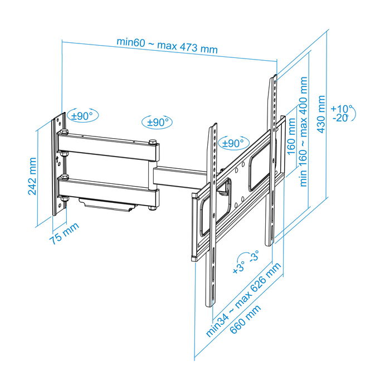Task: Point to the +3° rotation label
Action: pos(238,266)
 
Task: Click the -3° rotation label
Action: pos(253,257)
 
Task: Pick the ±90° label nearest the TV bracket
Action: pos(233,143)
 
